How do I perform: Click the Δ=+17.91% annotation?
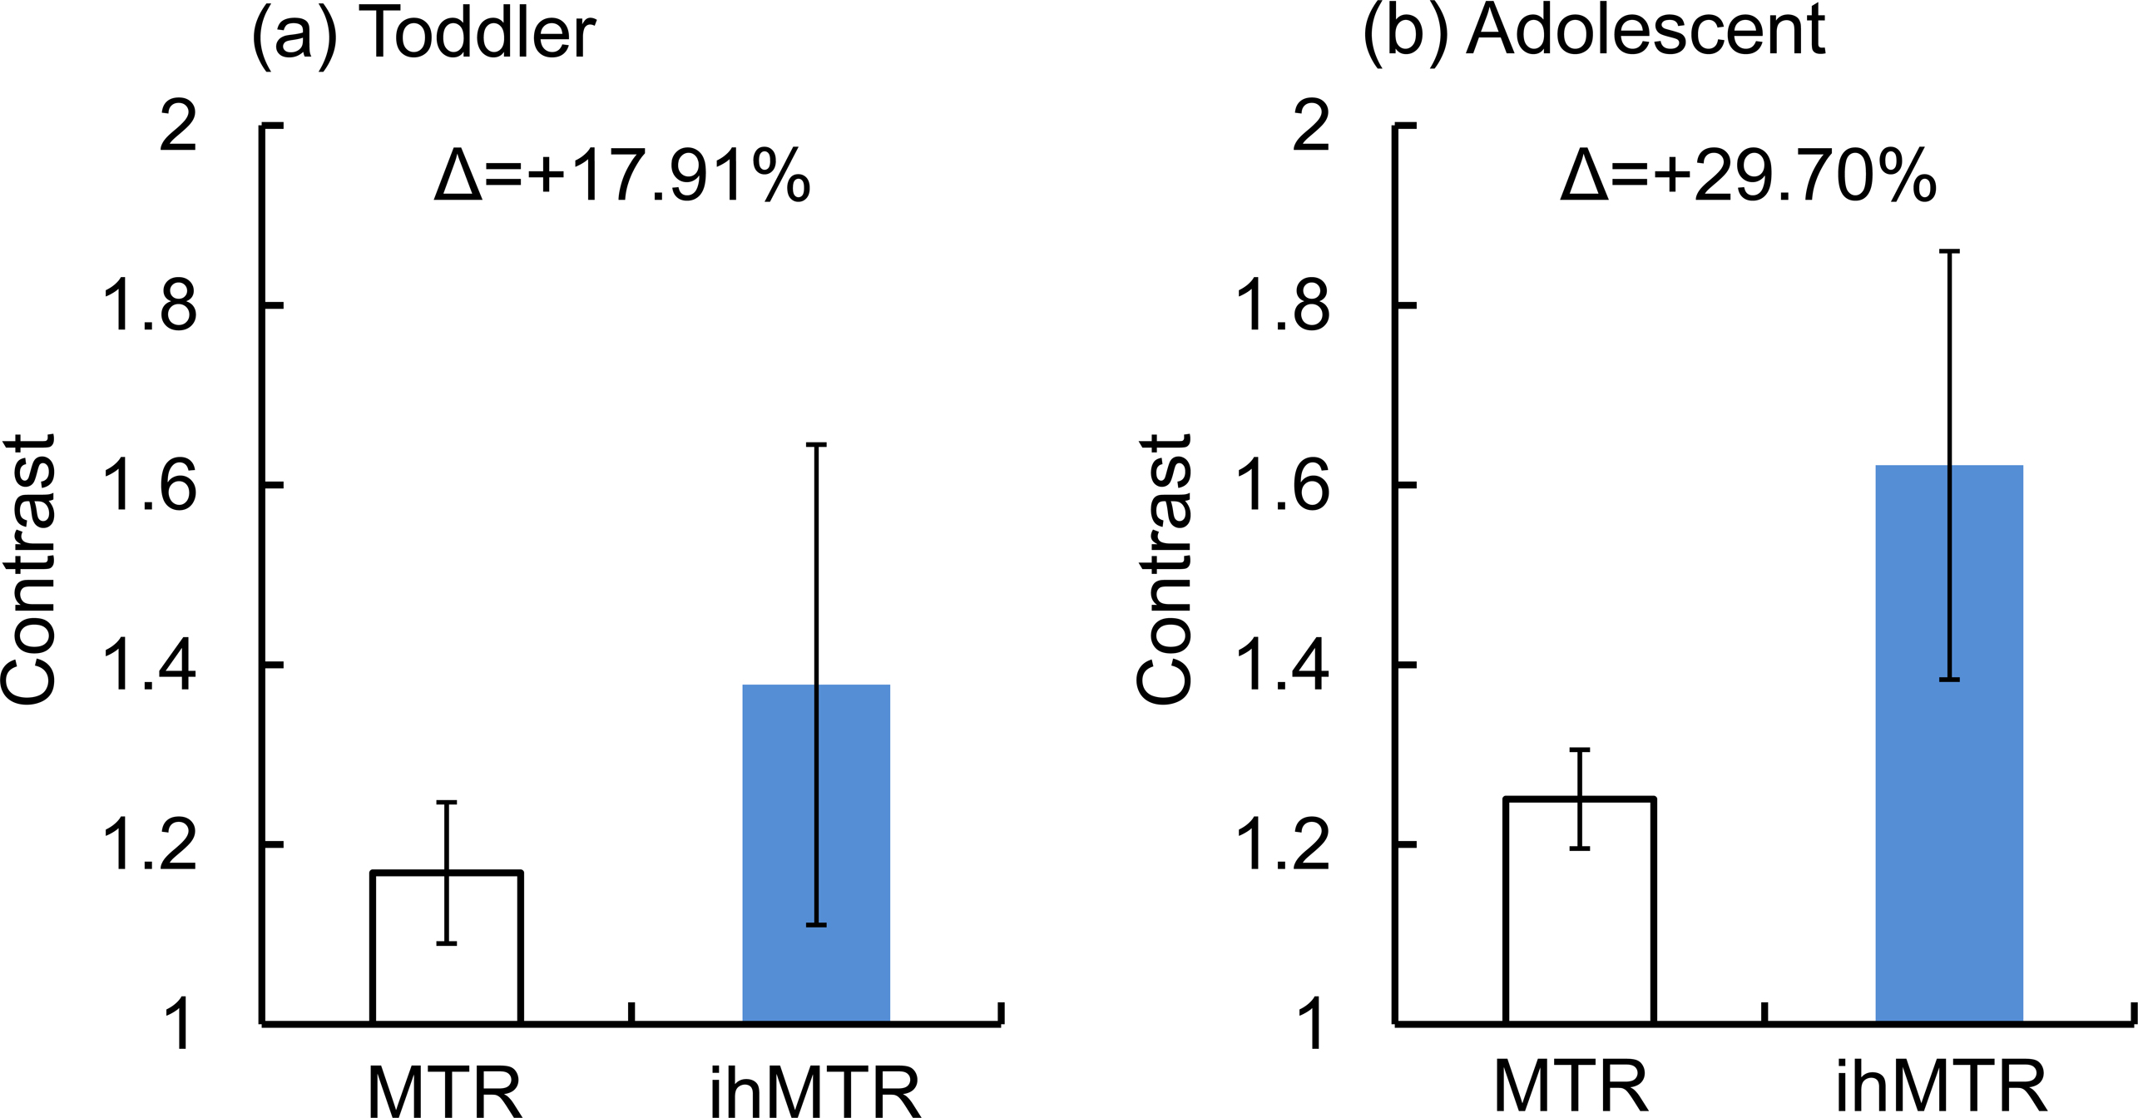tap(622, 176)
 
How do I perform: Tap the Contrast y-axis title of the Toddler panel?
tap(30, 571)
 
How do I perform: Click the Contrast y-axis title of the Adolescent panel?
tap(1165, 571)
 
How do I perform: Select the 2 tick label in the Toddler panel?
tap(178, 127)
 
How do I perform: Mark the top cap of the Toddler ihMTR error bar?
tap(816, 445)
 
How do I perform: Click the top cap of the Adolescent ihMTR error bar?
tap(1949, 250)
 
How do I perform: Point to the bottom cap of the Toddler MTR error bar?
tap(447, 943)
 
